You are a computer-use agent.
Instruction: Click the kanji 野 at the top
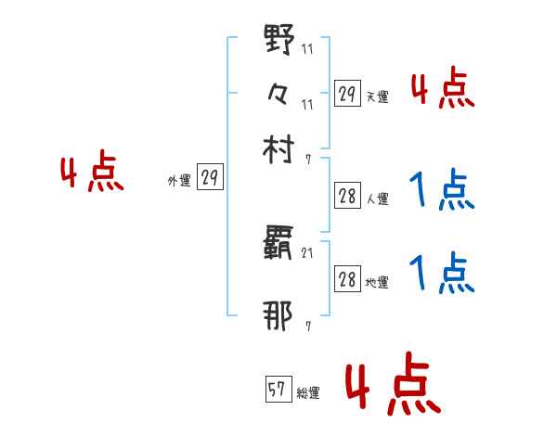pos(278,43)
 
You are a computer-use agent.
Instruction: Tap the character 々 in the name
pos(278,94)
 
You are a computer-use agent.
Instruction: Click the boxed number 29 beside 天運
pos(347,94)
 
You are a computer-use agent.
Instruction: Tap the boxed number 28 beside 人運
pos(347,196)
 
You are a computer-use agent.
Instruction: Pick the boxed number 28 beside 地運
pos(347,281)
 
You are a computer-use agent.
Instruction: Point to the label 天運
pos(377,96)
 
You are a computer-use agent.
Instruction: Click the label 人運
pos(377,199)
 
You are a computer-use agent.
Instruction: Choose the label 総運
pos(308,393)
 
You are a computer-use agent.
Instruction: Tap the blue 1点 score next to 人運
pos(443,192)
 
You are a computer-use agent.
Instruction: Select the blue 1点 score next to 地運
pos(443,275)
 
